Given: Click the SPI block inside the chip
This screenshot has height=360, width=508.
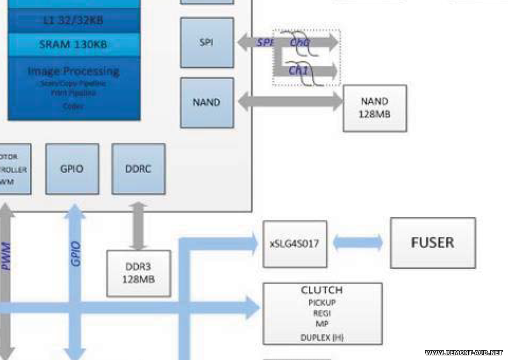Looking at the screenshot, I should click(x=207, y=42).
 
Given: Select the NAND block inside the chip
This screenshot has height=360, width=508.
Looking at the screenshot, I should click(x=207, y=102).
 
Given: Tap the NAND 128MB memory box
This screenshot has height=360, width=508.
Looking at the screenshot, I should click(x=374, y=107).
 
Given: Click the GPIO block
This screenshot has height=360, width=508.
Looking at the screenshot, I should click(x=72, y=169).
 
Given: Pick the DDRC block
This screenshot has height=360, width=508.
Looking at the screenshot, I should click(x=138, y=169).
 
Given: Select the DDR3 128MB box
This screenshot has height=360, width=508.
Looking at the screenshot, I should click(x=138, y=273).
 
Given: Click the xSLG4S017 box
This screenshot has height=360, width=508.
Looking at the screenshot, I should click(x=294, y=244).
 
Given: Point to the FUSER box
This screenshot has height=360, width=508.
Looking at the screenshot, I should click(x=432, y=243).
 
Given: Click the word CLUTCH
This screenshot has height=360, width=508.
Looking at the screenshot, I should click(x=322, y=290).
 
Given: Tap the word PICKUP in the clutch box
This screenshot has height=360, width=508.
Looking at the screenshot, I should click(x=322, y=302).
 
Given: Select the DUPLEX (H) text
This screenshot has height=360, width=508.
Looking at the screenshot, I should click(x=322, y=337).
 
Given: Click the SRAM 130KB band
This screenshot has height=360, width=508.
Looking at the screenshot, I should click(x=73, y=45).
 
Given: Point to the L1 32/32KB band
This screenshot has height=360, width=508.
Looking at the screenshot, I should click(x=73, y=21).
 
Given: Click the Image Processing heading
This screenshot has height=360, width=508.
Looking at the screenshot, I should click(x=73, y=71).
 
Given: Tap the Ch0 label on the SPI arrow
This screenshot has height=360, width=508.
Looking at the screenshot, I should click(x=299, y=42).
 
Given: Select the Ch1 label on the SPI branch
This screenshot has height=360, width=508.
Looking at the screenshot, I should click(x=298, y=71).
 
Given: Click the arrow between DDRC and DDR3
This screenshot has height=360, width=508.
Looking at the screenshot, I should click(x=138, y=226).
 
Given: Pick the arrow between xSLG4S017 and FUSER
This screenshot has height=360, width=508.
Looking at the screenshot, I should click(x=358, y=243).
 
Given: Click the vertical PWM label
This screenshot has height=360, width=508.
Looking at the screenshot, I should click(x=7, y=256).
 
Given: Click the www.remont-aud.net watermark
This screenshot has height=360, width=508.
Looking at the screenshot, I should click(x=464, y=353).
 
